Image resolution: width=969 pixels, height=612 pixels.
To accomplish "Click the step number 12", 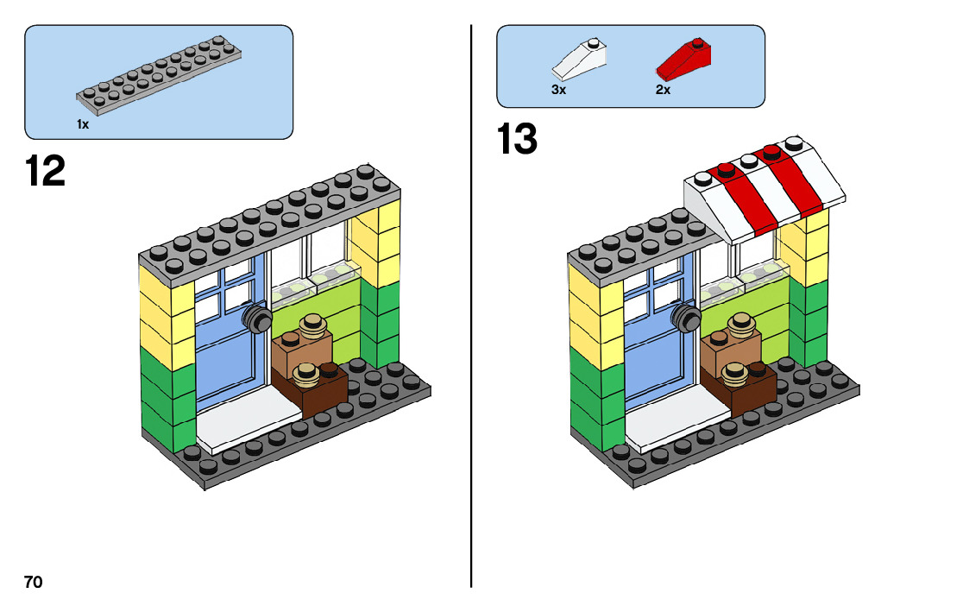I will (x=46, y=171).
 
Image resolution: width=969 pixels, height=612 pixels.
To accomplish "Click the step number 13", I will (x=517, y=140).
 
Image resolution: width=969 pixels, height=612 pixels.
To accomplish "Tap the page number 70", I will (x=33, y=582).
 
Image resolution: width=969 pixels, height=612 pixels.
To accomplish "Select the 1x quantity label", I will (x=83, y=124).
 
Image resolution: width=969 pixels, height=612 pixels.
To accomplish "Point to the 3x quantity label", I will (x=558, y=90).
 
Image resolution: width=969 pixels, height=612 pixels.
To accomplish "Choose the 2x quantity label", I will (x=663, y=90).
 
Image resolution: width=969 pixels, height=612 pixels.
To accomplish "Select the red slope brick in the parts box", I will (x=685, y=59).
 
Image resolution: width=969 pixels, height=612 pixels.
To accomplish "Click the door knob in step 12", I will (x=256, y=318).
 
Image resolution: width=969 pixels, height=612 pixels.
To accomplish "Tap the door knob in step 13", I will (x=686, y=318).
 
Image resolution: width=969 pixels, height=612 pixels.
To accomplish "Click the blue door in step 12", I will (x=226, y=345).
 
